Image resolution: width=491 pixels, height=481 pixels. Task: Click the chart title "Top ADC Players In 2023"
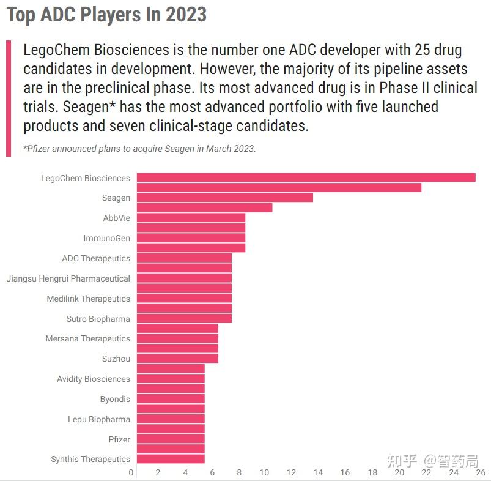pyautogui.click(x=106, y=15)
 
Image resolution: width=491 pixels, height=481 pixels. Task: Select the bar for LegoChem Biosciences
pyautogui.click(x=306, y=178)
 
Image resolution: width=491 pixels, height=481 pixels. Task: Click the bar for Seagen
pyautogui.click(x=224, y=198)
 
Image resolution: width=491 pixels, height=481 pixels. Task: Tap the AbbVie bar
pyautogui.click(x=191, y=218)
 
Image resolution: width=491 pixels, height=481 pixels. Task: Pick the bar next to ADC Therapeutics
pyautogui.click(x=184, y=258)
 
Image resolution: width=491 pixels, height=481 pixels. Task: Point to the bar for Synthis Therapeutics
pyautogui.click(x=171, y=459)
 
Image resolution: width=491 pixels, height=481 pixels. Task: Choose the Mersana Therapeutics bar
pyautogui.click(x=177, y=338)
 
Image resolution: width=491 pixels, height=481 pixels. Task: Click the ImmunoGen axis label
pyautogui.click(x=106, y=238)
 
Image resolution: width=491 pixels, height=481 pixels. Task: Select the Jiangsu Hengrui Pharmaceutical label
pyautogui.click(x=68, y=278)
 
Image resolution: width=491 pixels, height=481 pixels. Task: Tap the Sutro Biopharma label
pyautogui.click(x=98, y=319)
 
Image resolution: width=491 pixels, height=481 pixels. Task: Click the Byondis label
pyautogui.click(x=115, y=399)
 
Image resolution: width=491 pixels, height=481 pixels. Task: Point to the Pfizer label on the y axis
pyautogui.click(x=119, y=439)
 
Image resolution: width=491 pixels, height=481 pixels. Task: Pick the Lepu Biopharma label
pyautogui.click(x=99, y=419)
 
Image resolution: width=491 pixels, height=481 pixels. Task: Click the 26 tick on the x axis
pyautogui.click(x=480, y=472)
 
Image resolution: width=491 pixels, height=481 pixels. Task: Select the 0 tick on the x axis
pyautogui.click(x=131, y=472)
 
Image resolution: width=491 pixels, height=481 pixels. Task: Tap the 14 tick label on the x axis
pyautogui.click(x=319, y=472)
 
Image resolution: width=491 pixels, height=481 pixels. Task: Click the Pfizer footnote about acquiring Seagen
pyautogui.click(x=139, y=149)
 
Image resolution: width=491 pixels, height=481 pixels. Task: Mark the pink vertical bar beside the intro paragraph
pyautogui.click(x=9, y=98)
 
